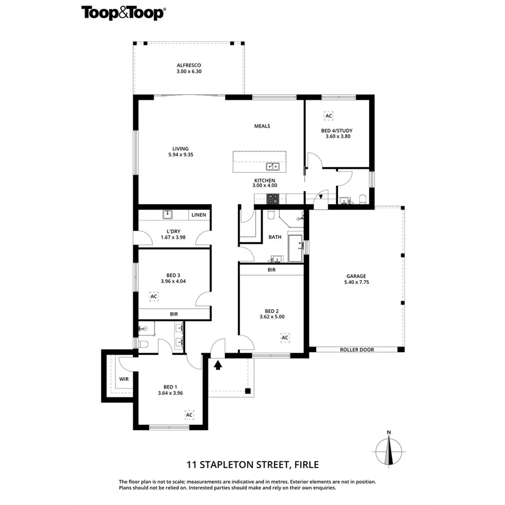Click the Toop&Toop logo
point(122,13)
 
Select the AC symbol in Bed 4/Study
point(328,115)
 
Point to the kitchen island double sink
point(273,166)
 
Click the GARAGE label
point(357,276)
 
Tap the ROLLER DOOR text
point(357,349)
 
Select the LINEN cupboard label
point(199,215)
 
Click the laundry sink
point(167,215)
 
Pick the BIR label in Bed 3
point(174,314)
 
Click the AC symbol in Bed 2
point(285,338)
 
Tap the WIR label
point(124,379)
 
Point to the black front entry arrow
point(218,365)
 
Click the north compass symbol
point(389,450)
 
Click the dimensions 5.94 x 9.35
point(181,155)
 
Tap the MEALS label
point(262,126)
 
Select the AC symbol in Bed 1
point(189,415)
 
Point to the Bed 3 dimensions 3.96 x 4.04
point(173,281)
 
